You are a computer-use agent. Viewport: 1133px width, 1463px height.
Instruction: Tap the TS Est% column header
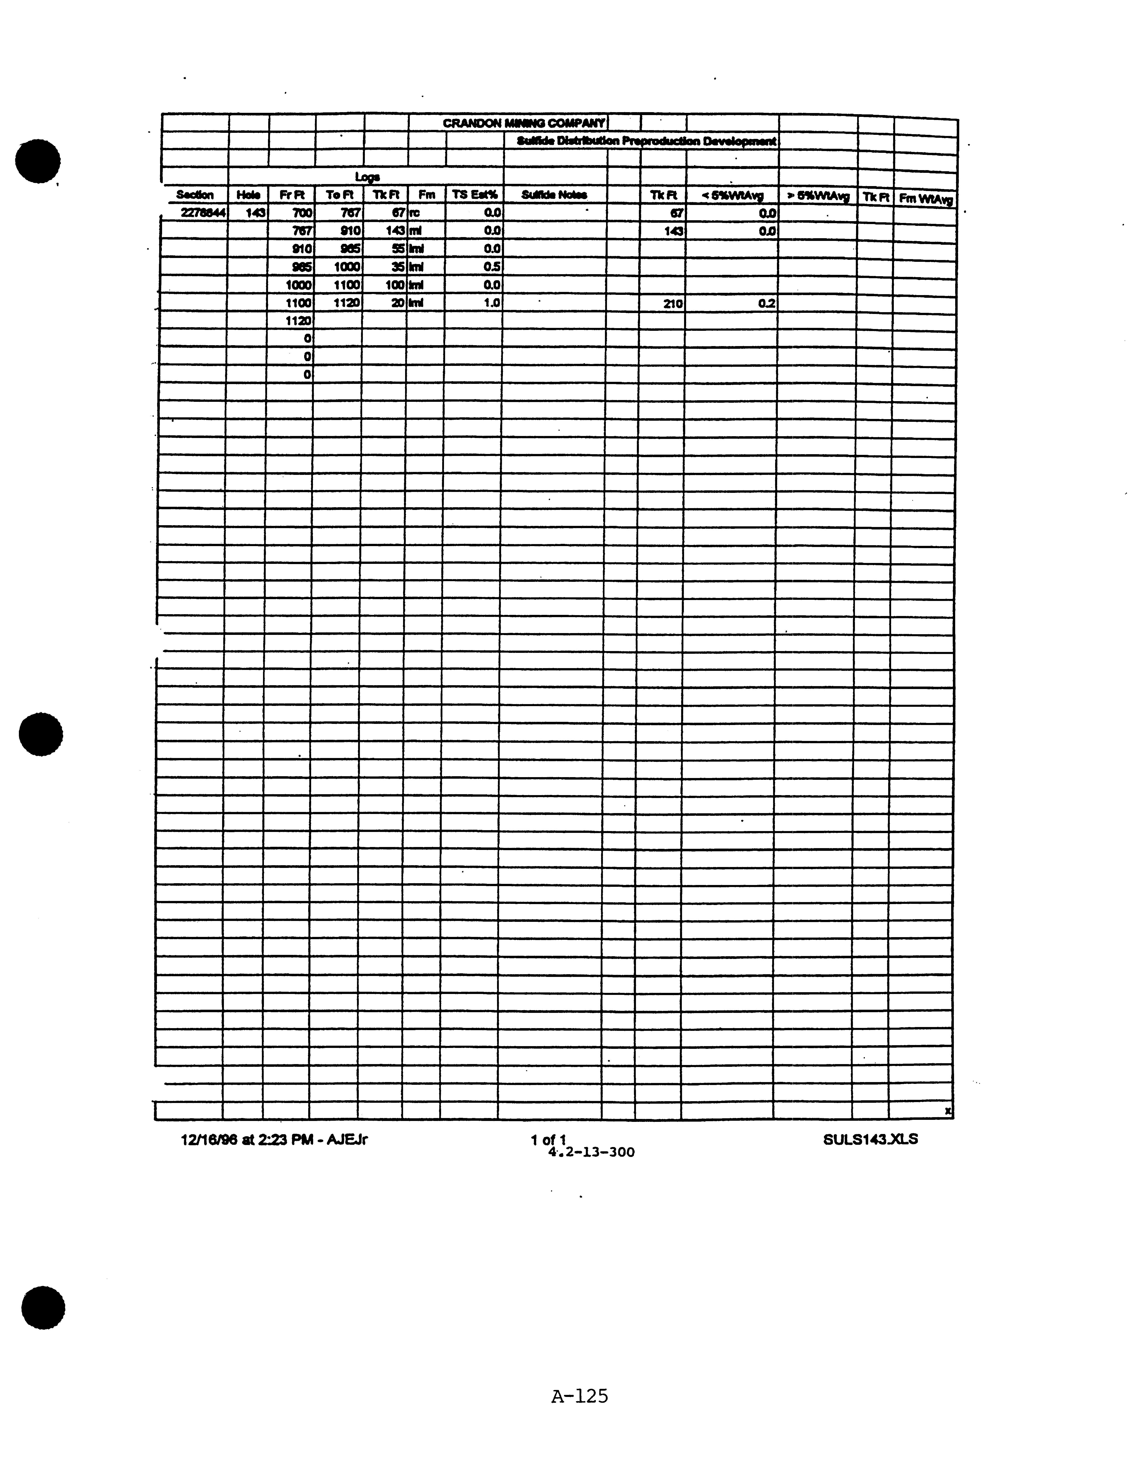coord(474,195)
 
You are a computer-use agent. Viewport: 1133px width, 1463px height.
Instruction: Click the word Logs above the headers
coord(368,177)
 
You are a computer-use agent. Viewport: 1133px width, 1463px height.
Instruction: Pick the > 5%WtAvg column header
coord(818,196)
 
